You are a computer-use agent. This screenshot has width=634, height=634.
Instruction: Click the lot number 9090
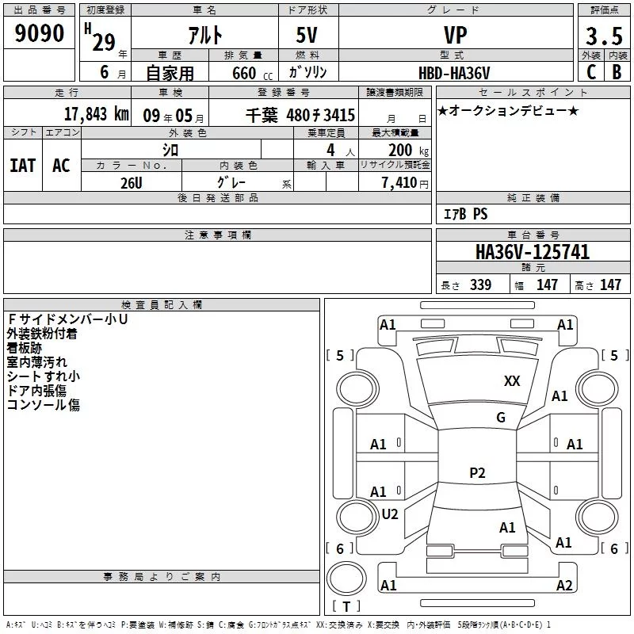39,33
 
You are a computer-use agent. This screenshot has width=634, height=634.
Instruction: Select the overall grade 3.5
604,36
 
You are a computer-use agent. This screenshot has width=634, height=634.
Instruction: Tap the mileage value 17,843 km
96,114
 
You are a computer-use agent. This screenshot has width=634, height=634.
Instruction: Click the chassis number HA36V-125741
533,252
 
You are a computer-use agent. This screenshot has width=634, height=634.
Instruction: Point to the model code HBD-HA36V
454,73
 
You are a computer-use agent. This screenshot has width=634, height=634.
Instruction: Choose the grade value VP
455,35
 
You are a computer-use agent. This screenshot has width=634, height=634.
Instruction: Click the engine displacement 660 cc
252,73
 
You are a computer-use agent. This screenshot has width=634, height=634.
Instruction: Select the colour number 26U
131,183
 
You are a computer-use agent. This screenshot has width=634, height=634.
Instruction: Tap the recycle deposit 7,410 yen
405,183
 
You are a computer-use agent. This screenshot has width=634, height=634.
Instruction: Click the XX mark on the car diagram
512,381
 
